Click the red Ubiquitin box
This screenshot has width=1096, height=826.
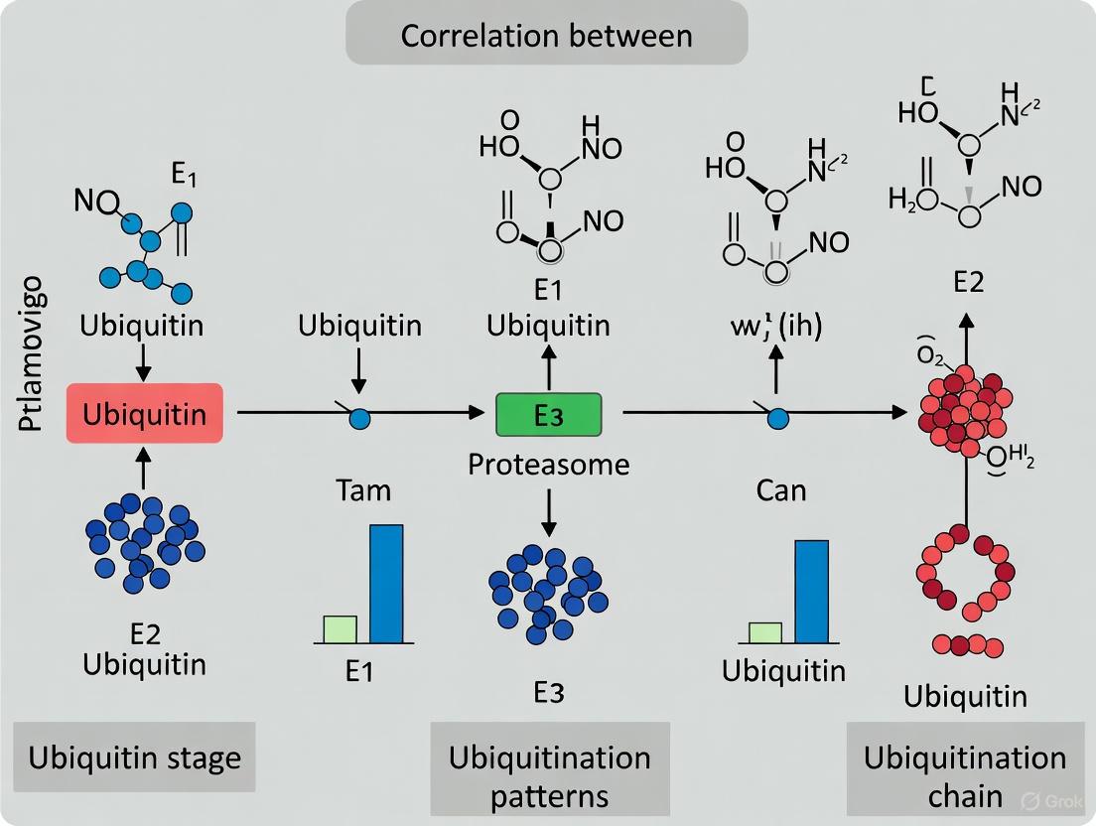(x=144, y=413)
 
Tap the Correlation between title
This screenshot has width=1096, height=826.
(x=545, y=37)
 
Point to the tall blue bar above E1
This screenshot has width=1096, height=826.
(x=386, y=583)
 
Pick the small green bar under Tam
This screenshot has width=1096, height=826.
(x=340, y=628)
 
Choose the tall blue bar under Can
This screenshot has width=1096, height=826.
(x=811, y=591)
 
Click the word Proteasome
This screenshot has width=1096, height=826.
(x=549, y=464)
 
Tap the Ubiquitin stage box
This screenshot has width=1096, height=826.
(x=135, y=758)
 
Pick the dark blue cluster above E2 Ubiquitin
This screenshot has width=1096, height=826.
(x=144, y=536)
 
